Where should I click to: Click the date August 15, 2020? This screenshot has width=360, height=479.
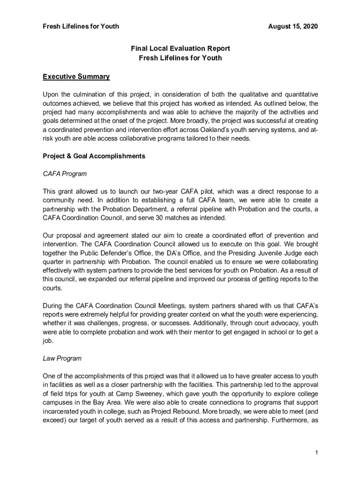[x=293, y=27]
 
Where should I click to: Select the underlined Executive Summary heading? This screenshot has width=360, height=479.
[x=76, y=77]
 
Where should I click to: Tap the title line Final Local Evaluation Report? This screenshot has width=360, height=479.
[x=180, y=49]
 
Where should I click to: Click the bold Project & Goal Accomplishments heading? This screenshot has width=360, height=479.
[x=94, y=156]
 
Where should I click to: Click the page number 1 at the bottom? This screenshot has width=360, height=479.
[x=317, y=452]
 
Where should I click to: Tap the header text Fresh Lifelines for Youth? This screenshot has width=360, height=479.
[x=80, y=27]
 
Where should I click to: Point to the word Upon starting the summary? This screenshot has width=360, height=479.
[x=51, y=94]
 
